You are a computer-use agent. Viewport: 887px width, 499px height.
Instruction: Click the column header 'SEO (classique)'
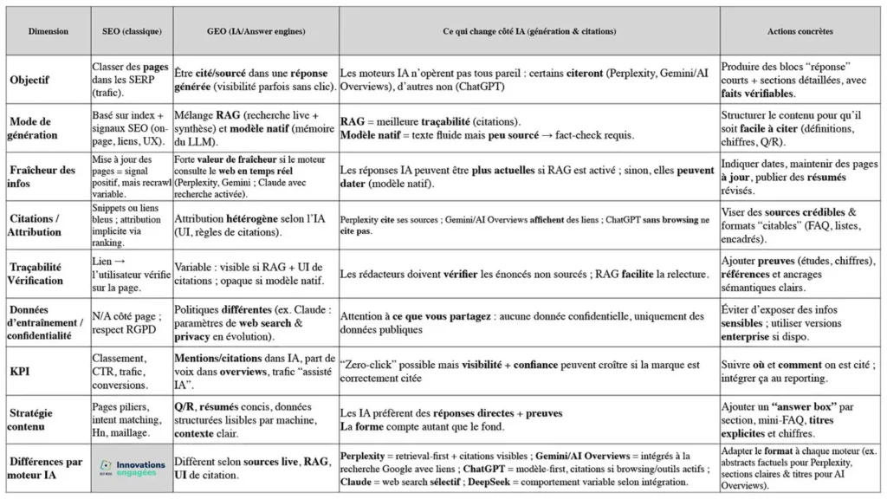point(131,31)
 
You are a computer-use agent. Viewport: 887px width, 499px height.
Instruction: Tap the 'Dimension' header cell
point(48,31)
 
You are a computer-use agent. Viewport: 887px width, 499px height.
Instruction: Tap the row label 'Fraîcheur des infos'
point(43,176)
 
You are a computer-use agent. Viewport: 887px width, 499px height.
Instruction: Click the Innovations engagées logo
point(131,468)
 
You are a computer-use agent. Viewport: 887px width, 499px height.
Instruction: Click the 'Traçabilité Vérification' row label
point(37,273)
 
